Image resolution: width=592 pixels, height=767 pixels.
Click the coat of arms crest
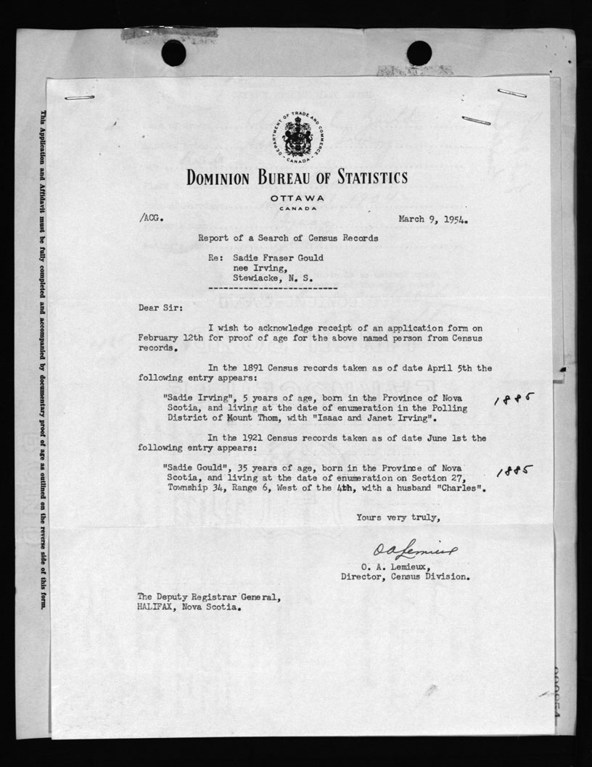pos(296,136)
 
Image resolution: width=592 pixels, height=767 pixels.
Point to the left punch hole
pos(173,52)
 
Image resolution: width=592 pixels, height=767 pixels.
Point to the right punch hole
pos(419,52)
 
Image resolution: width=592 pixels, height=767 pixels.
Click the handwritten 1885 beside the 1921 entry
pos(515,472)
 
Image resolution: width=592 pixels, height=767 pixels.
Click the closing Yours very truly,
pos(398,517)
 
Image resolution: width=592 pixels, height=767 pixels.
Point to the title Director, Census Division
pos(405,577)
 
